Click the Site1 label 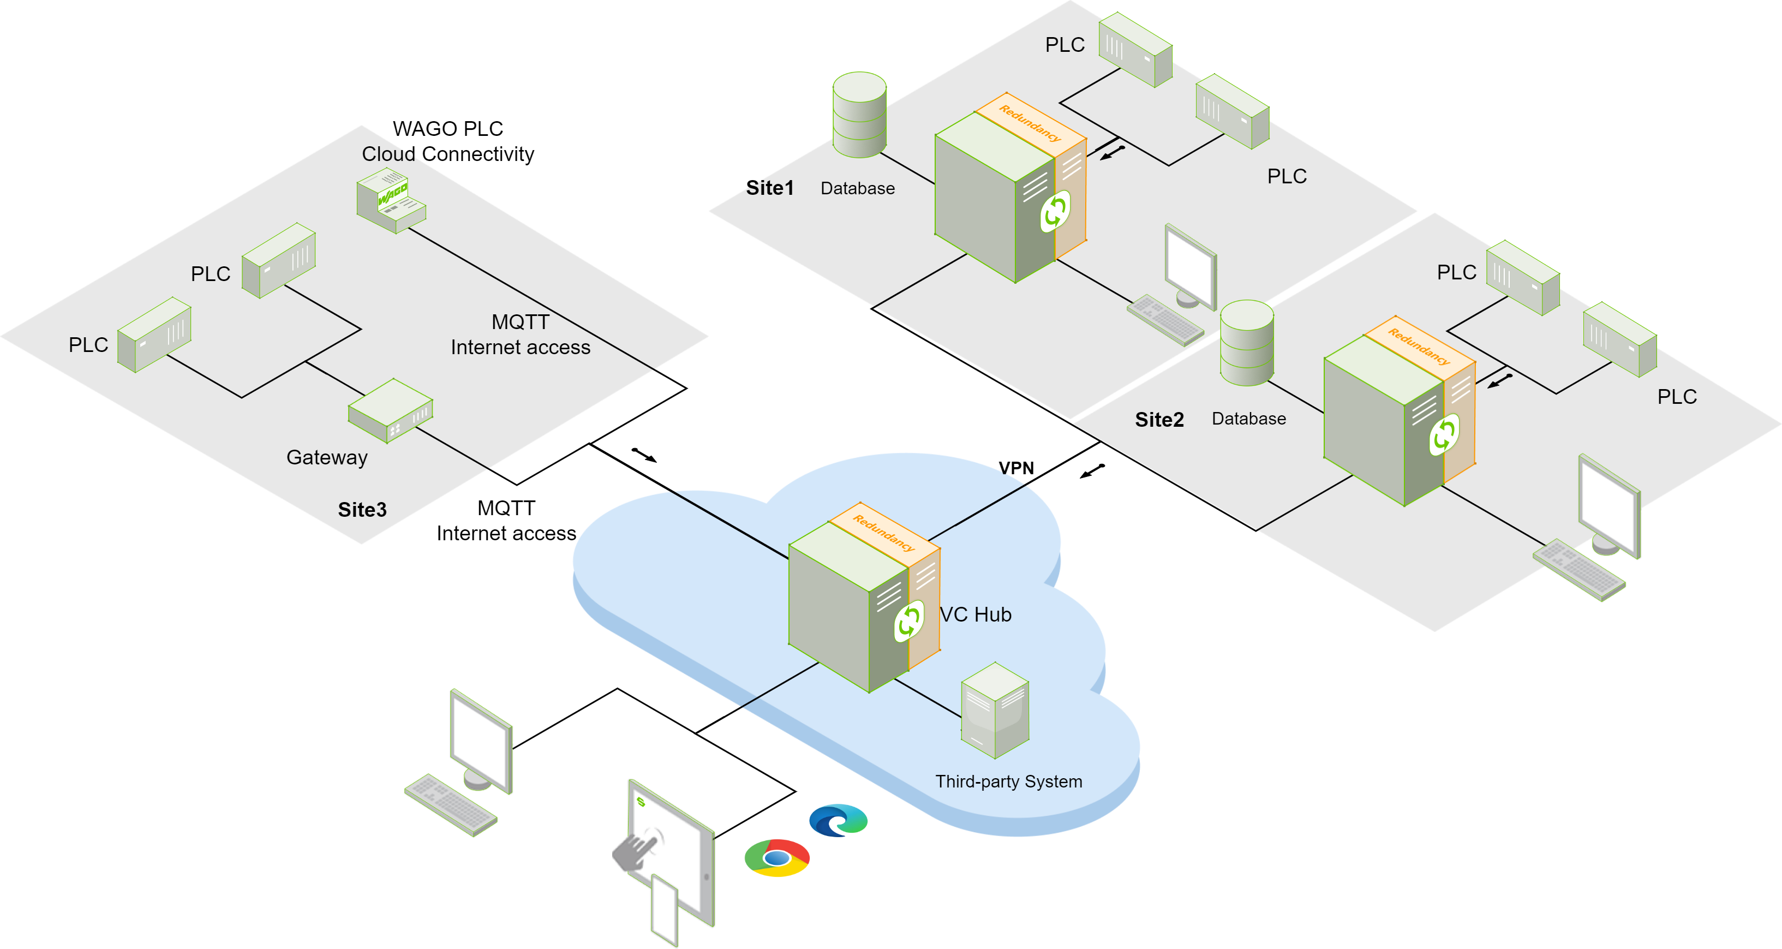(x=769, y=188)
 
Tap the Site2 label (x=1159, y=420)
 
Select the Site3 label (x=362, y=510)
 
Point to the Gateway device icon (x=390, y=410)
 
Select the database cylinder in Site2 (x=1247, y=343)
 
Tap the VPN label (x=1015, y=468)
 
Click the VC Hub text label (x=976, y=614)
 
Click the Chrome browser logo (x=777, y=858)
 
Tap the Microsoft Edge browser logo (x=838, y=820)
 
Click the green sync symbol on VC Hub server (x=908, y=620)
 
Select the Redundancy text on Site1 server (x=1030, y=123)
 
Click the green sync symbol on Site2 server (x=1444, y=434)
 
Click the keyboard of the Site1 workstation (x=1165, y=320)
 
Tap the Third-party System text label (x=1008, y=781)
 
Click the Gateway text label (x=326, y=457)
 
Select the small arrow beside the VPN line (x=1092, y=471)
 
